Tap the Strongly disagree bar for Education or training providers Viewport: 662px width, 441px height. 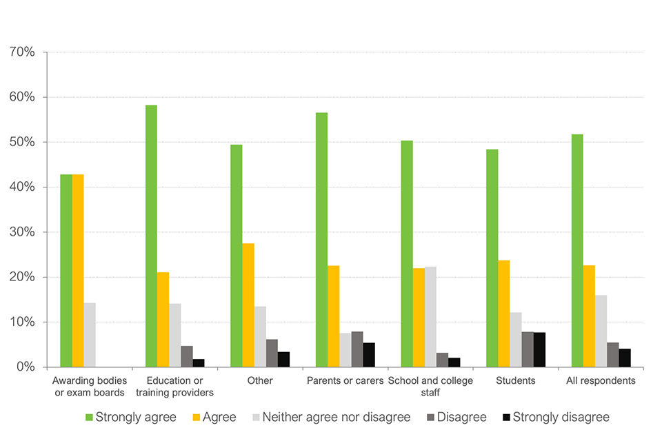point(199,362)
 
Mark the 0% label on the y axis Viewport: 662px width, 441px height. point(26,367)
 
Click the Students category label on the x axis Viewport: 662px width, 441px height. point(516,380)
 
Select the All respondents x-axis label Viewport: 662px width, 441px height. point(601,380)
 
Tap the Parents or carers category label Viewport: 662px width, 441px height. point(345,380)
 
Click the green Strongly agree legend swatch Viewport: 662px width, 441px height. point(88,417)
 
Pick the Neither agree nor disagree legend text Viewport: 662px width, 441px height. point(336,417)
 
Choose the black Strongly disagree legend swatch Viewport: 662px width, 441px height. point(506,417)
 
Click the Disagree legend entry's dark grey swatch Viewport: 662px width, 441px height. point(430,417)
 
